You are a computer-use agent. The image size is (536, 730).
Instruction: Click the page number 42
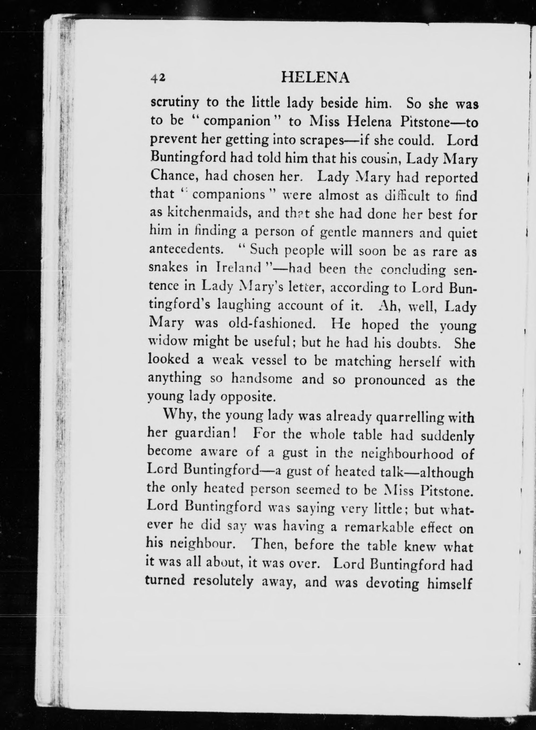158,78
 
